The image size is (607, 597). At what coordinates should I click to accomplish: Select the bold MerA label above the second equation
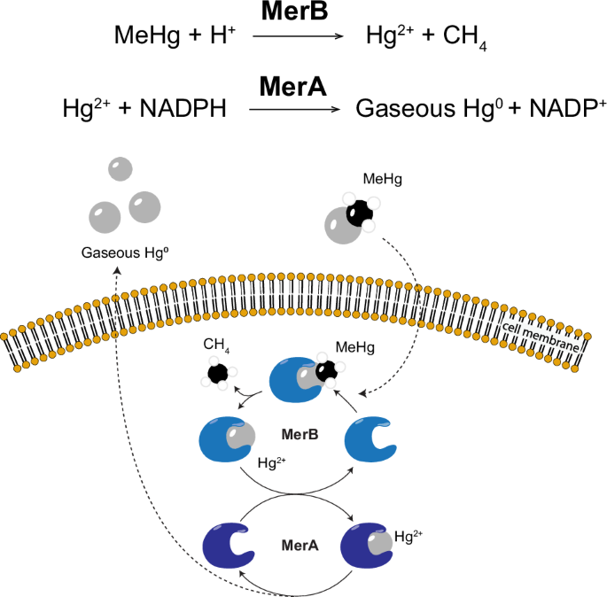294,87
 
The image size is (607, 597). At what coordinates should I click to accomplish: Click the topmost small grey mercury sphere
120,169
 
